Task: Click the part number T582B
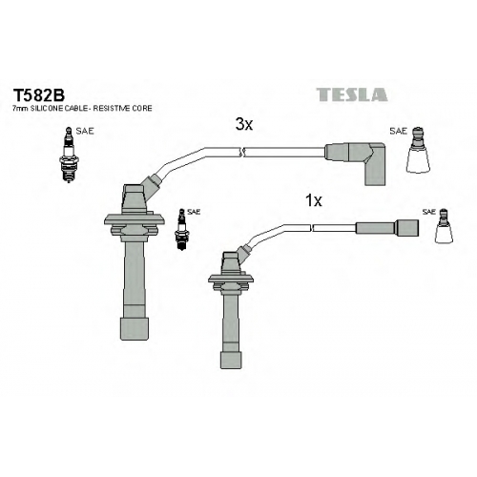38,94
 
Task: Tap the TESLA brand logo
352,94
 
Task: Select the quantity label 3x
244,124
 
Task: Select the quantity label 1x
314,200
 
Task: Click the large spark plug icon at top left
68,155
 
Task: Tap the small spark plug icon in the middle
182,230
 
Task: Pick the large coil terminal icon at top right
418,150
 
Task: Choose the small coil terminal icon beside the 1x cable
444,226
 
